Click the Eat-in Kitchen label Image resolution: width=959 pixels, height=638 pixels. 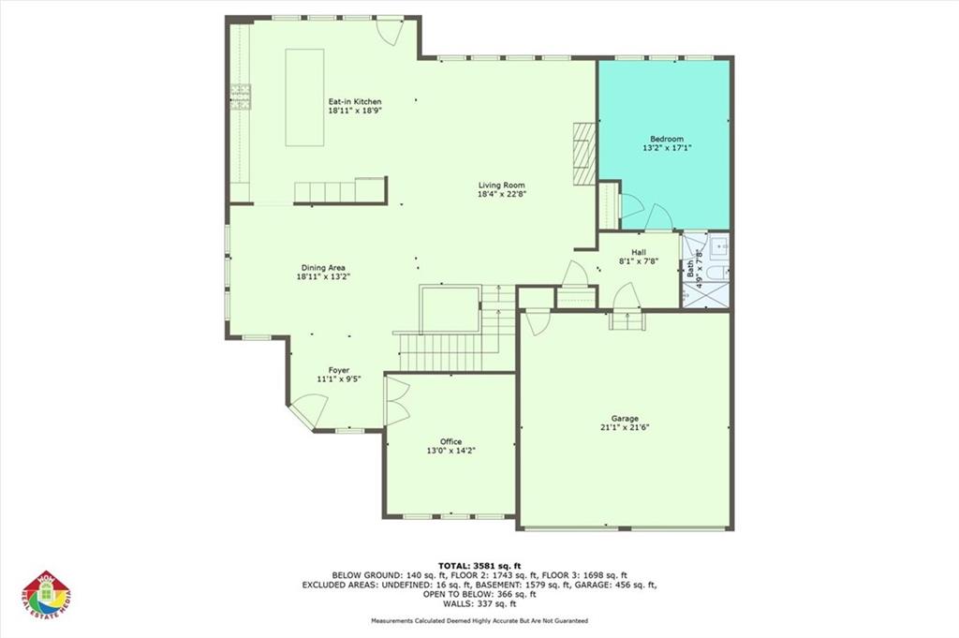(x=354, y=101)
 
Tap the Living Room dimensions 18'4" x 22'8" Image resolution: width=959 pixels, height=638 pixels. (x=501, y=195)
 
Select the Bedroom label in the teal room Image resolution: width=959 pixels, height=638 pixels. (x=667, y=139)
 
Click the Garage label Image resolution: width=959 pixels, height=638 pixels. (x=626, y=418)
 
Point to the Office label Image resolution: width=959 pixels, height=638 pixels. (x=450, y=441)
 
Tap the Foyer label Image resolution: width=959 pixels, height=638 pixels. (x=338, y=370)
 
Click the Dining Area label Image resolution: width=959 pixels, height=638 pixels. (x=323, y=268)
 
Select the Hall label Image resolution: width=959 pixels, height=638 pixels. (x=639, y=252)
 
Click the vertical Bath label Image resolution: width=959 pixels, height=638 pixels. (x=691, y=269)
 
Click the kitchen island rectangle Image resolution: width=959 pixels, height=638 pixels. (x=305, y=96)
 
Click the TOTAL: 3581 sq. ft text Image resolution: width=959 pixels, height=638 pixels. (x=479, y=566)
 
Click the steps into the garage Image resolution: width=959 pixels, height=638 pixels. (x=627, y=320)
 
